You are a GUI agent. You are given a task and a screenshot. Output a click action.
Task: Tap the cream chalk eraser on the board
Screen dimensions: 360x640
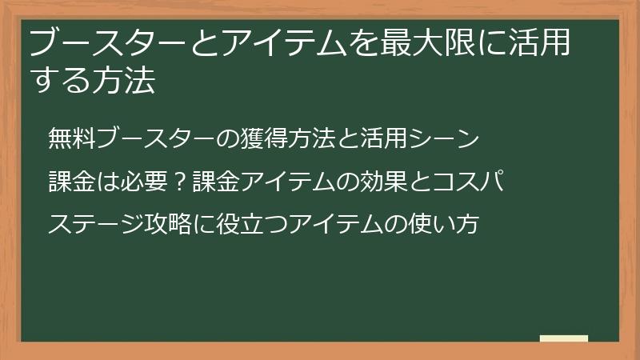[564, 339]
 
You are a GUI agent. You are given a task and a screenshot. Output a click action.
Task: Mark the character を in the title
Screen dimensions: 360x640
[361, 44]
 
